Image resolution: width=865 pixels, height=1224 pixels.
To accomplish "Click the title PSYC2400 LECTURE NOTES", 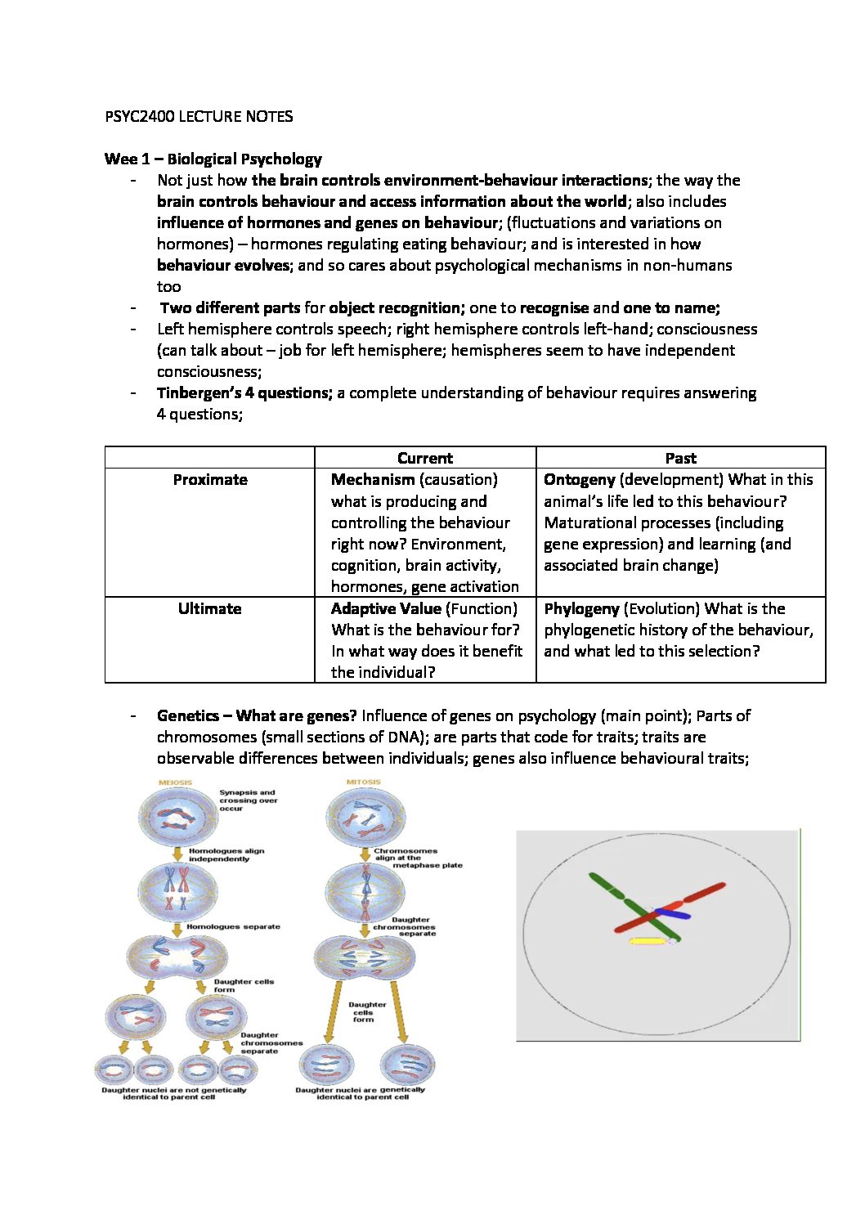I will click(199, 116).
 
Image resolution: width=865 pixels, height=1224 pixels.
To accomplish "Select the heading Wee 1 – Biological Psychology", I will click(213, 159).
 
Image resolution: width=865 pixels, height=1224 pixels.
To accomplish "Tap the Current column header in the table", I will click(424, 458).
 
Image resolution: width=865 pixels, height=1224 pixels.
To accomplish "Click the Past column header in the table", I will click(680, 458).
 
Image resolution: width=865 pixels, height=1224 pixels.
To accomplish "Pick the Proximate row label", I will click(210, 480).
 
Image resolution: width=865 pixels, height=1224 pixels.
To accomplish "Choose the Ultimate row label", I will click(209, 608).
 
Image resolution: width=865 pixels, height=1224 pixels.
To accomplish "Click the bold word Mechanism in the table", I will click(373, 480).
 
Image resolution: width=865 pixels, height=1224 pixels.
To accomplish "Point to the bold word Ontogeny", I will click(579, 480).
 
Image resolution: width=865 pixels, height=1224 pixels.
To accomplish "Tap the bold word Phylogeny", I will click(581, 608).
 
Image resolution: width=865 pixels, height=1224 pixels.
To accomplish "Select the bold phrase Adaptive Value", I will click(386, 608).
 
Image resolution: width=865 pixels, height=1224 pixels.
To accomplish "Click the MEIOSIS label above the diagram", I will click(175, 782).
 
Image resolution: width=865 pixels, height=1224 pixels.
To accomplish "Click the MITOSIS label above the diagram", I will click(363, 782).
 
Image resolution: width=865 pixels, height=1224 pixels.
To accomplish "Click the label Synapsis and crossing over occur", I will click(248, 800).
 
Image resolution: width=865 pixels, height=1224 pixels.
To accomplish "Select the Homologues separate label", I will click(233, 926).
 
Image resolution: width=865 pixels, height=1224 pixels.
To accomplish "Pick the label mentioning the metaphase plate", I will click(417, 858).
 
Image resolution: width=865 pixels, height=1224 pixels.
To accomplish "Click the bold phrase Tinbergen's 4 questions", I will click(244, 393).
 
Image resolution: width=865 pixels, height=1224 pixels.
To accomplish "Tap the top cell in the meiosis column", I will click(177, 817).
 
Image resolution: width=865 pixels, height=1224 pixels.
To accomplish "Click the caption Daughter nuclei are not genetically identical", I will click(173, 1093).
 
